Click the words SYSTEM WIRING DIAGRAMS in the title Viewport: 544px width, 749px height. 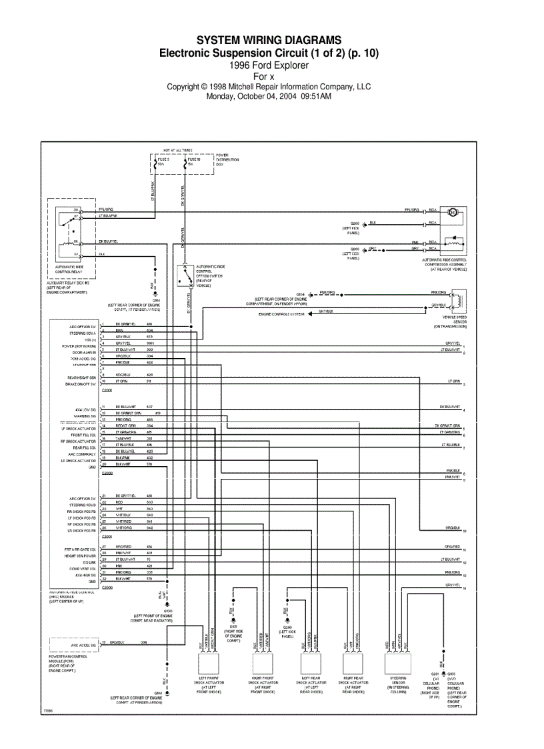[x=269, y=41]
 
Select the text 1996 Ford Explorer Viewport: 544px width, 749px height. [x=269, y=65]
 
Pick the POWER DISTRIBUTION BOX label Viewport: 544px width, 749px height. [x=227, y=159]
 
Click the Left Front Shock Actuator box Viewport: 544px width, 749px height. [x=208, y=663]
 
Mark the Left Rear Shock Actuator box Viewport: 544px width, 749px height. [x=311, y=663]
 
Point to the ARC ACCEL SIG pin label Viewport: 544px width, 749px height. [x=84, y=646]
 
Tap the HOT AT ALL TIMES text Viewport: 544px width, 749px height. [x=177, y=151]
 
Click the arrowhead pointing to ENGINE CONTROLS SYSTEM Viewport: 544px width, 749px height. [x=308, y=313]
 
